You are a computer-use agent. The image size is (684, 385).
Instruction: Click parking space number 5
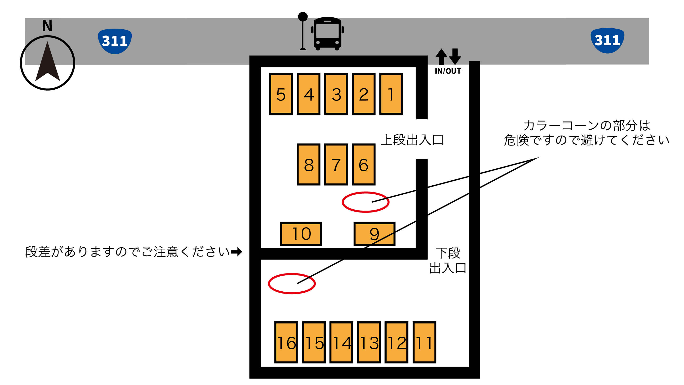click(x=281, y=94)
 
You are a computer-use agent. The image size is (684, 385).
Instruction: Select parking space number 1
click(x=391, y=94)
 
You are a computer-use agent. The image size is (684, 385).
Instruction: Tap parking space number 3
click(x=336, y=94)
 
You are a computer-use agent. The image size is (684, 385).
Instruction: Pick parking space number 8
click(x=308, y=164)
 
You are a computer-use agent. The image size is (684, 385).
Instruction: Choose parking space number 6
click(x=364, y=164)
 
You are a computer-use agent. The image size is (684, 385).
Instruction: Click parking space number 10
click(x=301, y=234)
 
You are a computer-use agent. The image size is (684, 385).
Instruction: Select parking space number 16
click(x=286, y=342)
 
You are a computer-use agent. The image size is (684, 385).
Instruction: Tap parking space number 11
click(x=424, y=342)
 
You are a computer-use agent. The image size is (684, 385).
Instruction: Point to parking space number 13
click(x=369, y=342)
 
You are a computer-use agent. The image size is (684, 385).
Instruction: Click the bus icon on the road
click(x=327, y=34)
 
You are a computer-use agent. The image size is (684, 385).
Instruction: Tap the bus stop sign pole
click(x=303, y=32)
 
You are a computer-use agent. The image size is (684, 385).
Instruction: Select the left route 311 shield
click(x=115, y=41)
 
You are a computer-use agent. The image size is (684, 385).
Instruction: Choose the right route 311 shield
click(x=607, y=41)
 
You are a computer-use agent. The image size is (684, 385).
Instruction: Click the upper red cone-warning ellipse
click(x=365, y=202)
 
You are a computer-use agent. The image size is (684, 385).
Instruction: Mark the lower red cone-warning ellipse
click(x=292, y=284)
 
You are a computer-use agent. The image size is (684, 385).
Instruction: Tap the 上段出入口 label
click(x=412, y=140)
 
